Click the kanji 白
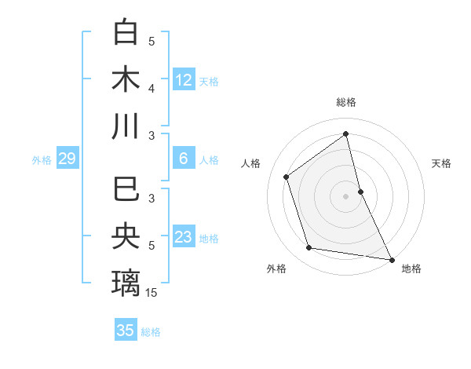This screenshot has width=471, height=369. (126, 33)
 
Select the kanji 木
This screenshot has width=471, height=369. (126, 79)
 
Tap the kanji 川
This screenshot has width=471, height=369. (126, 126)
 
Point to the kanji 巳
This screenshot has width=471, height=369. (126, 190)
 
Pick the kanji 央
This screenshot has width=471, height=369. (126, 236)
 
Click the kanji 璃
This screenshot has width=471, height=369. (126, 283)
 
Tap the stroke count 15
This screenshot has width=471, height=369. (152, 293)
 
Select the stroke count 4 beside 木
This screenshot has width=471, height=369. (152, 89)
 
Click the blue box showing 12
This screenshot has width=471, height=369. (184, 79)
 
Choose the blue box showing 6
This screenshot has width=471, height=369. (184, 159)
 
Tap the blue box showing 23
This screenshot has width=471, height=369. (184, 237)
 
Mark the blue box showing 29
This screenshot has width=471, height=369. (67, 159)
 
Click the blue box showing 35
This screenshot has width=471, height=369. (126, 331)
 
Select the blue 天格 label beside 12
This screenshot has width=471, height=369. (209, 82)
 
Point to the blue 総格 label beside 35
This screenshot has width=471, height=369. (151, 332)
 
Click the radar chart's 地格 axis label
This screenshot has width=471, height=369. (411, 269)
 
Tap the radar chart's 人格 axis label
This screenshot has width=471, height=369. (251, 163)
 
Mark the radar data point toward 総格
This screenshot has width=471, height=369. (345, 133)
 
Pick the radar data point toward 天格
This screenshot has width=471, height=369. (360, 191)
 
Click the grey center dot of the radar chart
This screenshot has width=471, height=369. (345, 195)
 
